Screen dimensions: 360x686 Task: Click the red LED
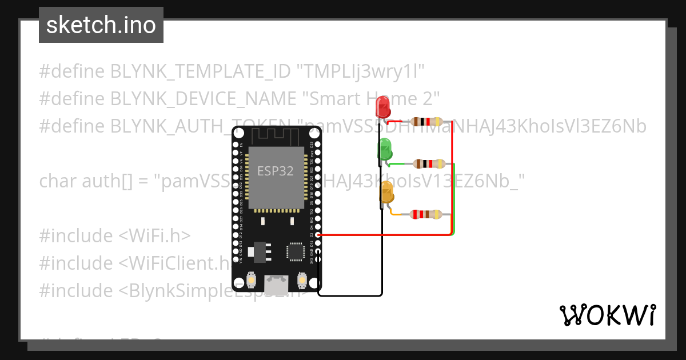coord(382,107)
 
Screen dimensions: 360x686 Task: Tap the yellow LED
coord(387,193)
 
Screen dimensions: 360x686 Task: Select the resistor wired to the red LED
coord(426,121)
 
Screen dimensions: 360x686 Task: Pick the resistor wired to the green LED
coord(429,164)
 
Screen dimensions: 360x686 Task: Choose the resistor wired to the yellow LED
coord(426,214)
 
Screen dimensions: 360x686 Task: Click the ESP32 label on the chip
coord(275,171)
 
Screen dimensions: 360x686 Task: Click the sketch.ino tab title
coord(101,25)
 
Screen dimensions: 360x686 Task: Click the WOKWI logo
coord(607,315)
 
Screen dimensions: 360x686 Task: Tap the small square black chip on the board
coord(296,251)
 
